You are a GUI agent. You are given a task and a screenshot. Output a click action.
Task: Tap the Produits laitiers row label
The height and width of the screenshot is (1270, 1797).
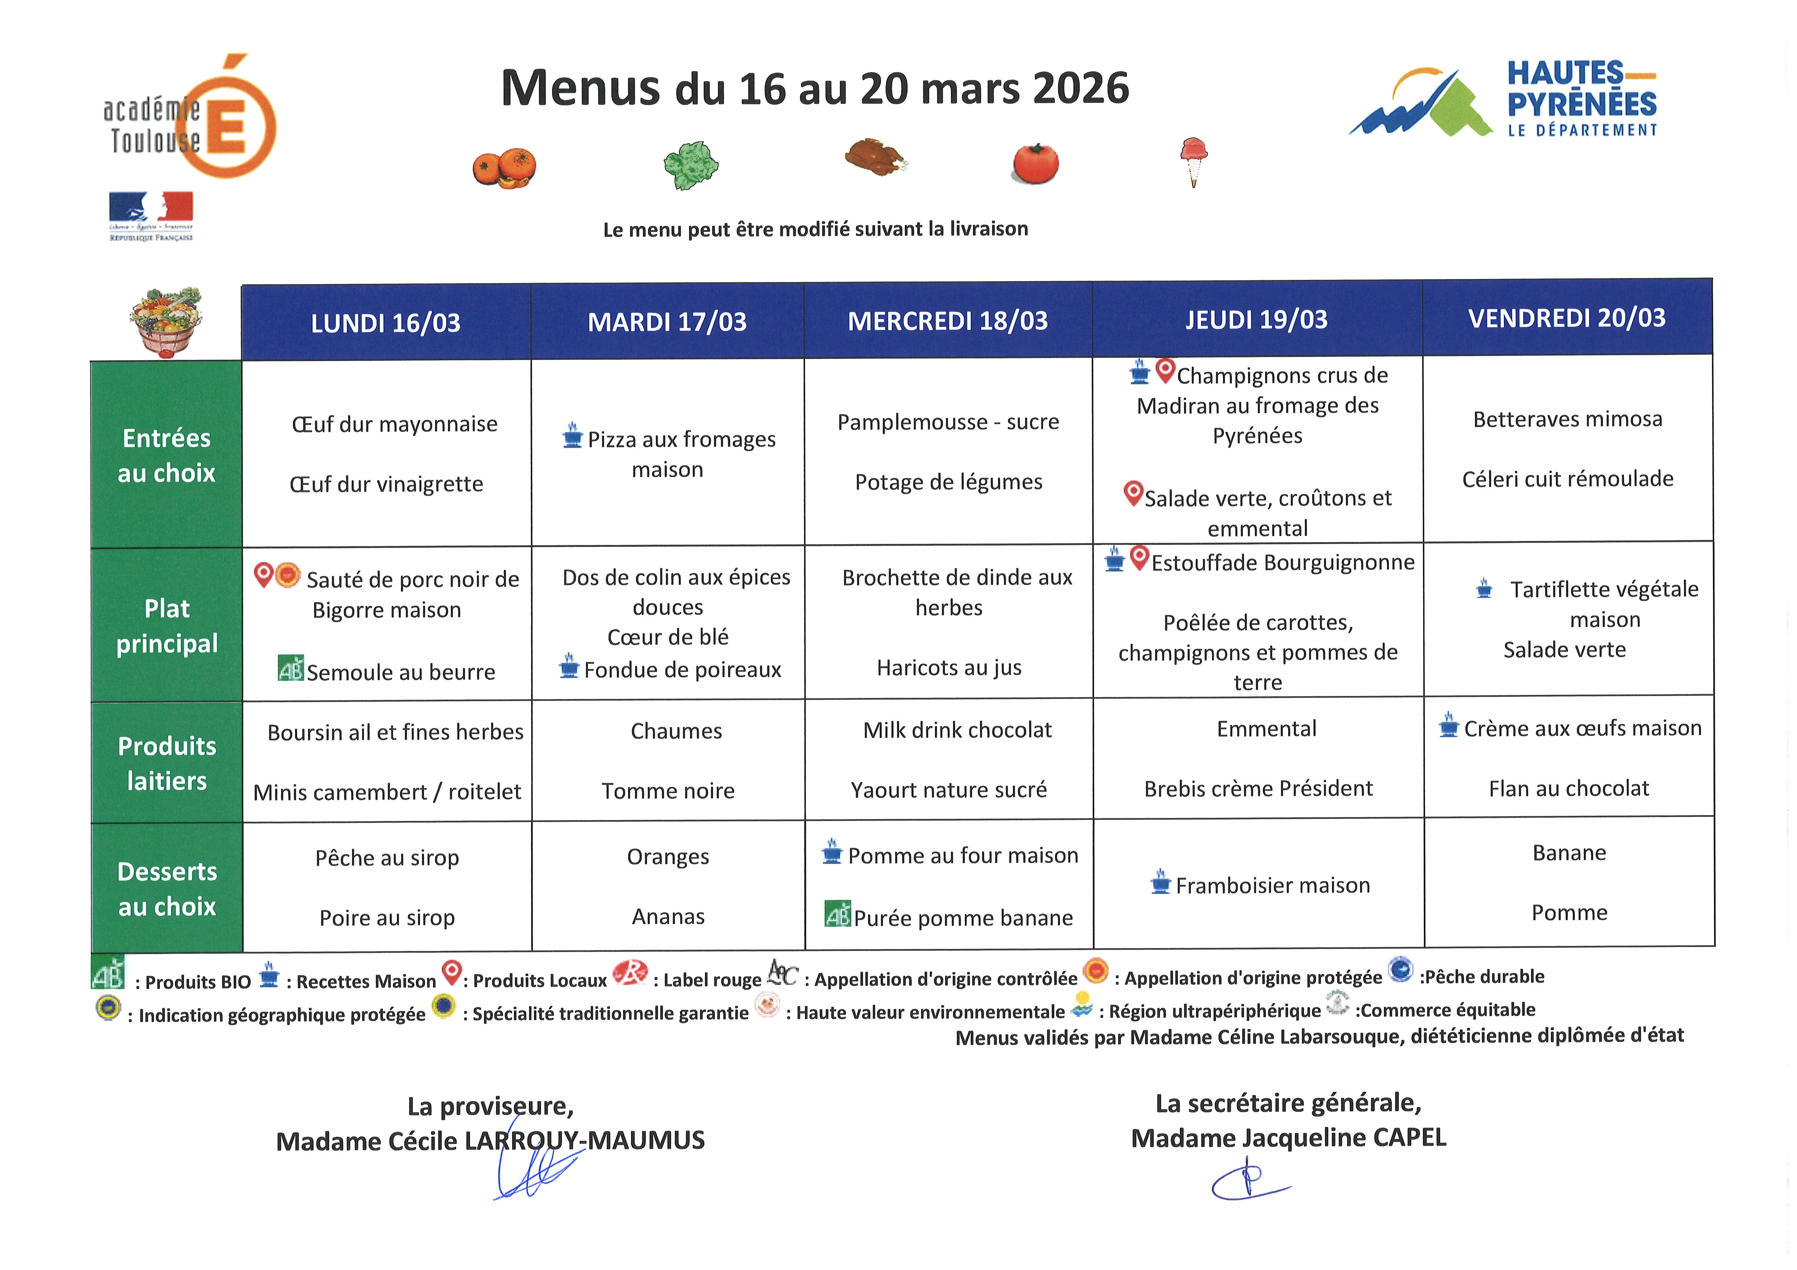pos(167,763)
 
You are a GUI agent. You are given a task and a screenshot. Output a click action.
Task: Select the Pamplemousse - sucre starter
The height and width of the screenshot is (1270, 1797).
pos(948,422)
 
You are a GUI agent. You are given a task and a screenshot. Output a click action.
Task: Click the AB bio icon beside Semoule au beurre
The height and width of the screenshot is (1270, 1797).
pos(290,668)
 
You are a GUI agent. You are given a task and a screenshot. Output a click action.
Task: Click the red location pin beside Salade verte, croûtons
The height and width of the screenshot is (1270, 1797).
pos(1133,493)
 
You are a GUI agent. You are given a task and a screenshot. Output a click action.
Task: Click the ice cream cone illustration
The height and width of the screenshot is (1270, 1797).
pos(1193,160)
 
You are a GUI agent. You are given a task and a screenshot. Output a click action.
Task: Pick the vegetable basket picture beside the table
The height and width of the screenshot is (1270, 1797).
pos(166,321)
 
